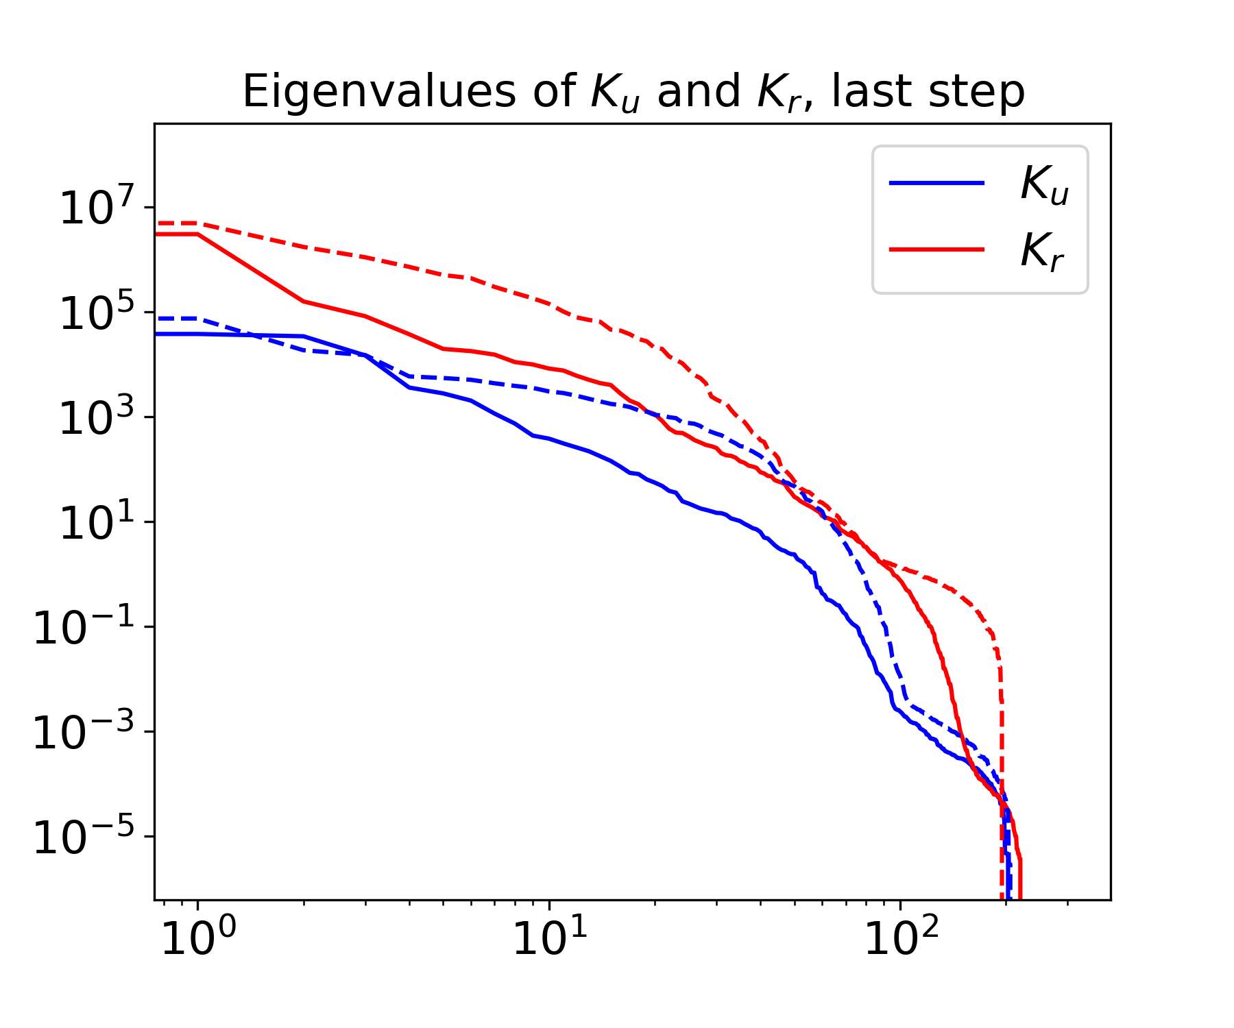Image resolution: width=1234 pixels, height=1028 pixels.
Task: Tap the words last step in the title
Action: coord(928,92)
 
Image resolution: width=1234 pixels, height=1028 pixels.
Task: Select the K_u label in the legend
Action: coord(1043,184)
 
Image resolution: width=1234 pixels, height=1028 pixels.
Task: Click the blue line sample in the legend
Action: coord(936,183)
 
